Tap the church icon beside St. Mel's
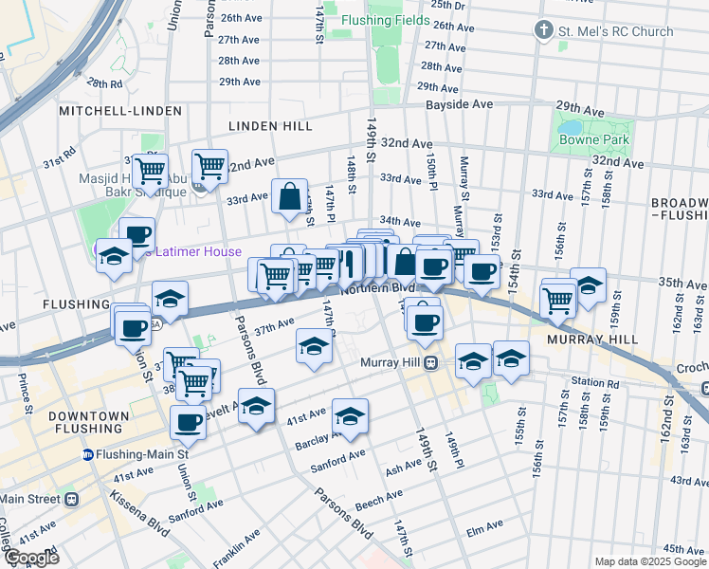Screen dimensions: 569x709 click(543, 31)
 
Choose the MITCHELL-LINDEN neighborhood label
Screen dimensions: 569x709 click(119, 111)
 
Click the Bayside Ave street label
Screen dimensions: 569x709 click(459, 103)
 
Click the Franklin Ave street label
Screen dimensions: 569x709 click(237, 549)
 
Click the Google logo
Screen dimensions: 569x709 click(30, 557)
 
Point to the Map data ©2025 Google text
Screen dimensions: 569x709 click(649, 561)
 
